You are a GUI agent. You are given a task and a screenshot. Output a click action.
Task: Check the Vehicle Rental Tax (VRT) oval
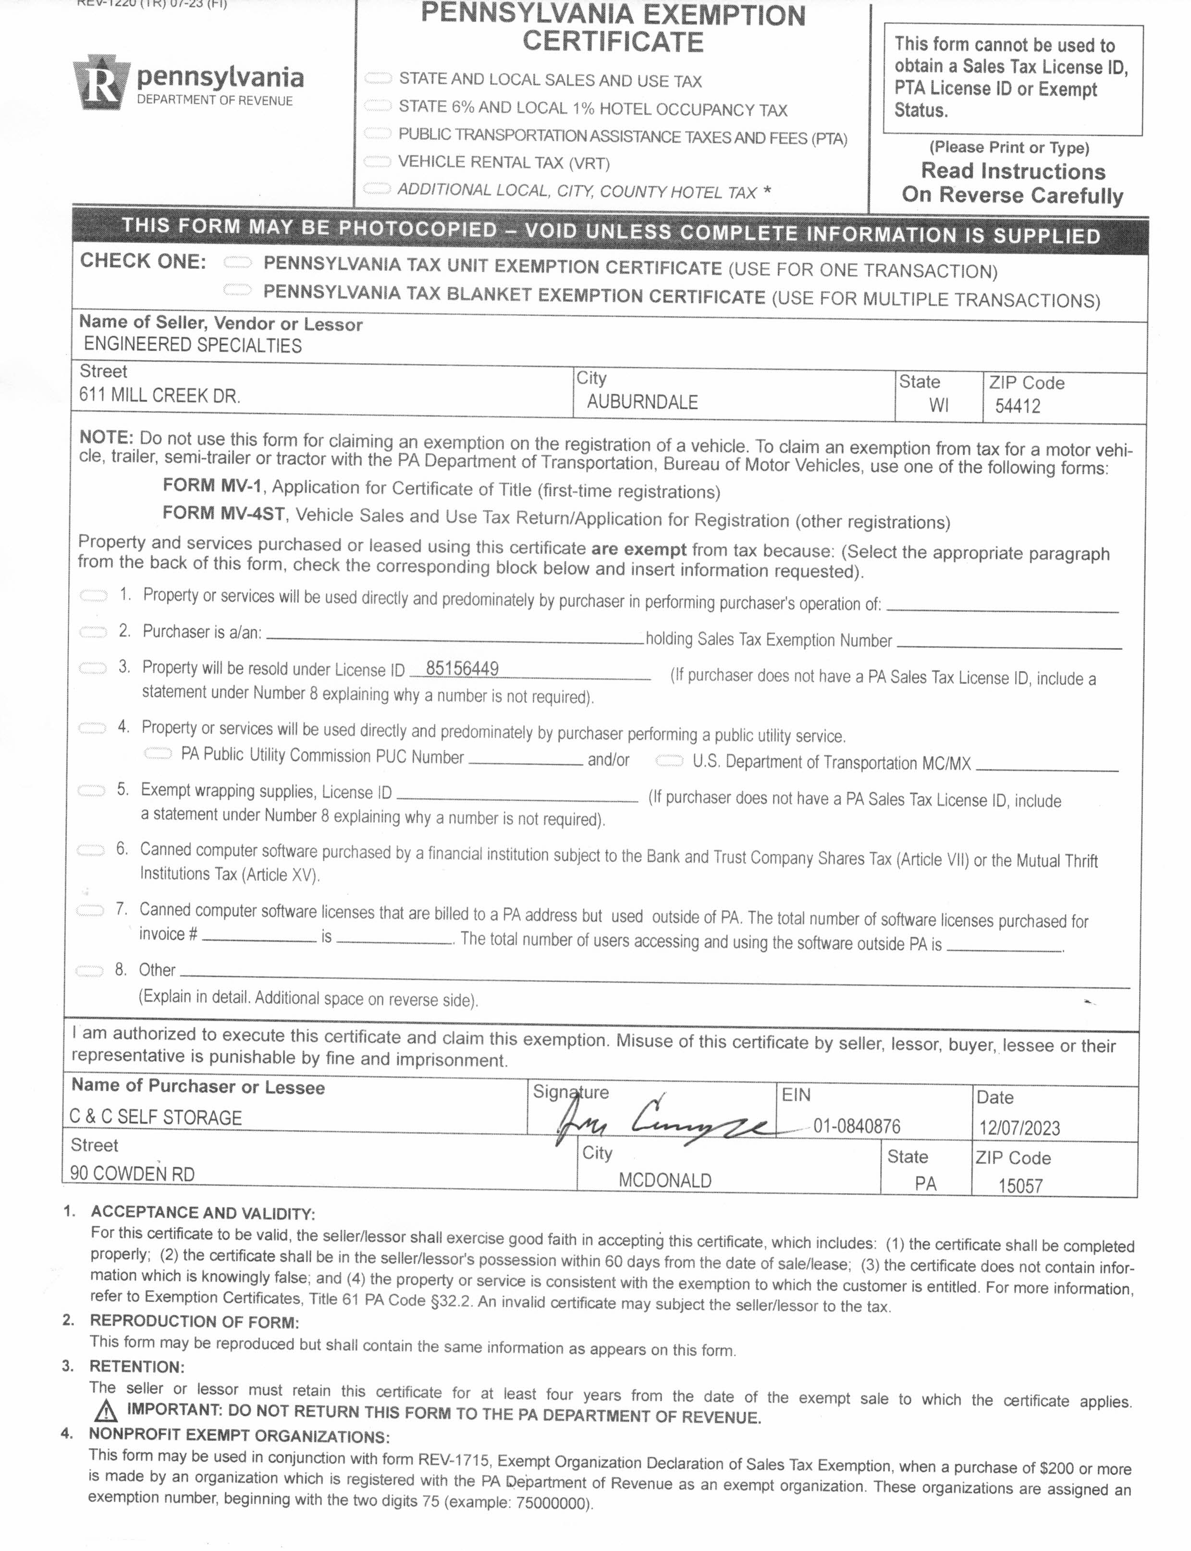(x=377, y=161)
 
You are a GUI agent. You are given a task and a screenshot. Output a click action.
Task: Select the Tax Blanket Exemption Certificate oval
(x=237, y=290)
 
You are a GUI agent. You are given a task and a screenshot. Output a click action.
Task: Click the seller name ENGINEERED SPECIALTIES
(x=193, y=345)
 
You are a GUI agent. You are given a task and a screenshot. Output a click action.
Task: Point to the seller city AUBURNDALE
(x=642, y=402)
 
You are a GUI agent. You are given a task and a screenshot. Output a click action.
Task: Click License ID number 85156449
(x=462, y=669)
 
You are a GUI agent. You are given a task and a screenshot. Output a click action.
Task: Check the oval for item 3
(x=92, y=668)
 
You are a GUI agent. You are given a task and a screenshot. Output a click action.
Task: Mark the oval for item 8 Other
(x=89, y=971)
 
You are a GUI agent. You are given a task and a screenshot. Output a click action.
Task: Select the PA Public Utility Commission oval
(x=158, y=754)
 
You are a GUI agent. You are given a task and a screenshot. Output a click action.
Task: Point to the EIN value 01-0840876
(x=857, y=1126)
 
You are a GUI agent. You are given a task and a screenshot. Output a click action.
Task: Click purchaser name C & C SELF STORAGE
(x=156, y=1117)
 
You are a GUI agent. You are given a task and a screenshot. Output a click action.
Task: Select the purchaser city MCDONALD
(x=665, y=1180)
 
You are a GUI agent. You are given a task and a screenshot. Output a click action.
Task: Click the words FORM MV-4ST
(x=223, y=513)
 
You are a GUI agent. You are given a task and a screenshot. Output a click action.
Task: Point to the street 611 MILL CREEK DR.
(x=160, y=395)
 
